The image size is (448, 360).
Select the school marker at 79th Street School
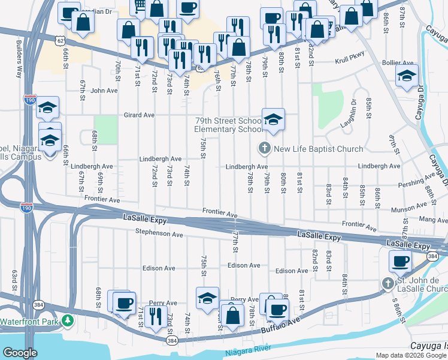coord(273,119)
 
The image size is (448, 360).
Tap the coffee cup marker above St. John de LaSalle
coord(400,261)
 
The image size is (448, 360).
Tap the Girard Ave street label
coord(139,115)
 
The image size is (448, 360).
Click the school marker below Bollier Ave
coord(406,76)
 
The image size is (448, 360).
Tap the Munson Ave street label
coord(407,210)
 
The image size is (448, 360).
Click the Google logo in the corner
coord(20,353)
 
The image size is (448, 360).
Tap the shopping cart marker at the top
coord(139,5)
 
